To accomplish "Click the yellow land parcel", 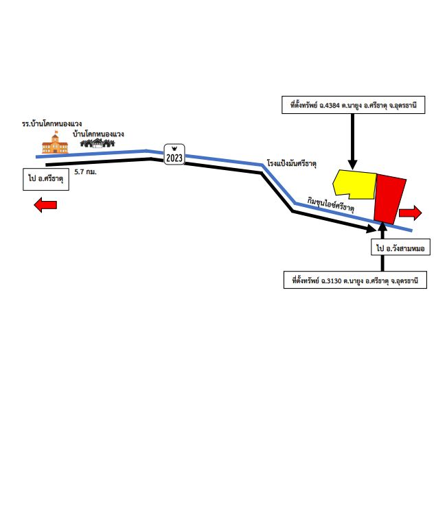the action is pyautogui.click(x=355, y=184).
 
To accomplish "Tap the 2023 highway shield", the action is pyautogui.click(x=174, y=154).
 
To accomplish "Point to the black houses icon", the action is pyautogui.click(x=98, y=143).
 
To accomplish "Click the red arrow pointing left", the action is pyautogui.click(x=45, y=205).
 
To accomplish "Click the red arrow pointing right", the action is pyautogui.click(x=410, y=213).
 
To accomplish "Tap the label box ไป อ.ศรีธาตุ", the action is pyautogui.click(x=46, y=180).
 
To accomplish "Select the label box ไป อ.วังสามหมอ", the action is pyautogui.click(x=400, y=247).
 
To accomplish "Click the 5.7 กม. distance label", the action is pyautogui.click(x=85, y=171).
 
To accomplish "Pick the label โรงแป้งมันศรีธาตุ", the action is pyautogui.click(x=292, y=163).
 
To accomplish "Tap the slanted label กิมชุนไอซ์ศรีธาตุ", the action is pyautogui.click(x=330, y=204).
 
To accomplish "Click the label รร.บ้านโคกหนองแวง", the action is pyautogui.click(x=52, y=124).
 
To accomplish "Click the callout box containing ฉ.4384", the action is pyautogui.click(x=353, y=105).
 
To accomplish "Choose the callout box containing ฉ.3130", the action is pyautogui.click(x=355, y=280).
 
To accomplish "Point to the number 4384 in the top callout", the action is pyautogui.click(x=332, y=106).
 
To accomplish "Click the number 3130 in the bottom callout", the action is pyautogui.click(x=334, y=281).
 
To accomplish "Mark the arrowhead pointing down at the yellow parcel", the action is pyautogui.click(x=353, y=165).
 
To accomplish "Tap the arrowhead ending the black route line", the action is pyautogui.click(x=371, y=228).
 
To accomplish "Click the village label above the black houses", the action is pyautogui.click(x=98, y=134).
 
